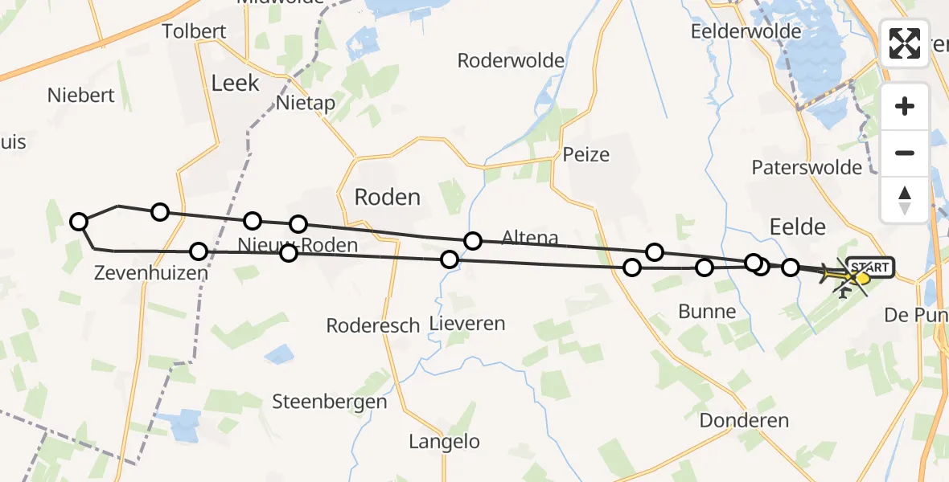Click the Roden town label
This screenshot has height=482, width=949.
coord(388,197)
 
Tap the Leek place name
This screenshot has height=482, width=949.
coord(235,83)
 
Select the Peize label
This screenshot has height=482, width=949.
coord(586,154)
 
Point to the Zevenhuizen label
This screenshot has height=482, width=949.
coord(150,273)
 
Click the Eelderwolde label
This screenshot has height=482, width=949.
coord(746,31)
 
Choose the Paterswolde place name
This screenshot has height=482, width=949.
coord(807,167)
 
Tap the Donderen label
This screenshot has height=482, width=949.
coord(744,420)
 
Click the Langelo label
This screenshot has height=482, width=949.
coord(444,441)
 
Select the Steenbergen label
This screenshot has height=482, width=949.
coord(330,402)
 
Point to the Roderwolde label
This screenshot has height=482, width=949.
coord(510,60)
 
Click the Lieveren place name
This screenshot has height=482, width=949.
coord(467,324)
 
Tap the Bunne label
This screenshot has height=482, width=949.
coord(707,312)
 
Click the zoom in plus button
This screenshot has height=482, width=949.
coord(905,106)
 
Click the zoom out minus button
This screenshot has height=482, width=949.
coord(905,153)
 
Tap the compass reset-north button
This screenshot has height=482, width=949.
coord(905,199)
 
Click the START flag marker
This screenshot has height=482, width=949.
coord(869,267)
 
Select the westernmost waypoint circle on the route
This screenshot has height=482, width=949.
coord(79,222)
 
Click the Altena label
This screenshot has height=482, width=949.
coord(529,237)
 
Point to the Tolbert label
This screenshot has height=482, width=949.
coord(194,31)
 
